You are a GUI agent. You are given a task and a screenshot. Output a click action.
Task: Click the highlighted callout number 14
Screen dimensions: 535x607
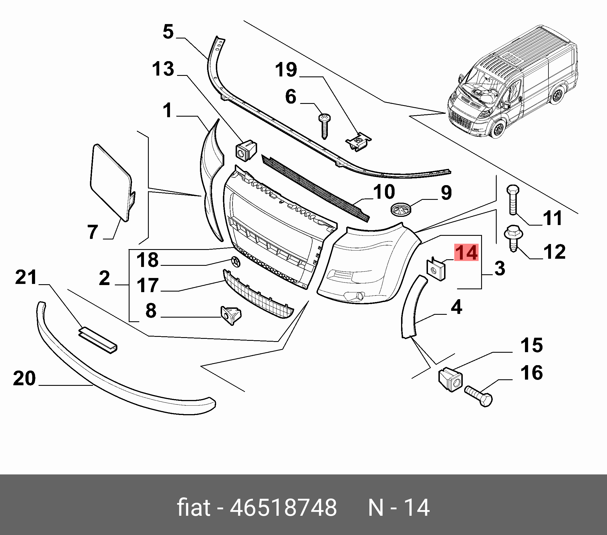point(466,252)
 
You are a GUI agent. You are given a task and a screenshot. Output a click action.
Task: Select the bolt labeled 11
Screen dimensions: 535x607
point(513,200)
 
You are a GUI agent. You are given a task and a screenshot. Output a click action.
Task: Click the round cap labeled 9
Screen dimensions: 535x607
point(399,208)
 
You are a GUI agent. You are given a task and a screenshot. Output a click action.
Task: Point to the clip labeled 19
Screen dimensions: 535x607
point(359,142)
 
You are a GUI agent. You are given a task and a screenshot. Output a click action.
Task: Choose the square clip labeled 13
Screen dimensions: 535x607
point(246,151)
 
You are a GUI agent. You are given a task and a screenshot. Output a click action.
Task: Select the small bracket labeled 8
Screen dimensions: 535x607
point(231,315)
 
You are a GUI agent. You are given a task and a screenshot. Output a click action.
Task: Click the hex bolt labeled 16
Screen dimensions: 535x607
point(478,396)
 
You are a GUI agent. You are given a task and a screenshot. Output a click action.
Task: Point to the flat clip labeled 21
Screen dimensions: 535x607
point(98,339)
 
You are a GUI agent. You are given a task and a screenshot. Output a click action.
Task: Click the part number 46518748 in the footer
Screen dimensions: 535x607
point(283,507)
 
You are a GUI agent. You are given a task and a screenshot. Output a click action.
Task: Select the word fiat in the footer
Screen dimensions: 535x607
point(194,507)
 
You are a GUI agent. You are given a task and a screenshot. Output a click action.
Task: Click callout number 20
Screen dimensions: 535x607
point(24,378)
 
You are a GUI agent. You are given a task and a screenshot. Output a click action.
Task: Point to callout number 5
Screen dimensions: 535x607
point(168,32)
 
